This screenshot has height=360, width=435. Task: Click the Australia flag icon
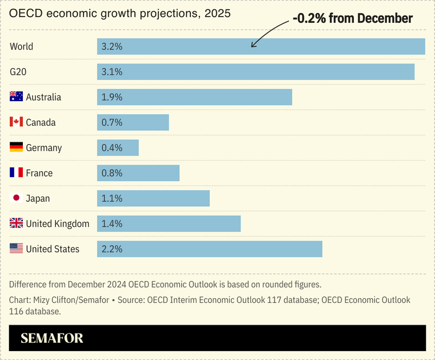(16, 97)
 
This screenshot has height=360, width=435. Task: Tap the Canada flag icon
(16, 122)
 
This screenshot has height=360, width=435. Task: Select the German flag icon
(16, 148)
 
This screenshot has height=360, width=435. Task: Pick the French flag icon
(16, 173)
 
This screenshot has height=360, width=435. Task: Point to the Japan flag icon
(16, 198)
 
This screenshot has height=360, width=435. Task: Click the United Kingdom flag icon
(16, 224)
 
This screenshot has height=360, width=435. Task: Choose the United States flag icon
(16, 249)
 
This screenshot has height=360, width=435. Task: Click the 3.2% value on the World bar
(112, 46)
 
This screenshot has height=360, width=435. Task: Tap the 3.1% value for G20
(112, 72)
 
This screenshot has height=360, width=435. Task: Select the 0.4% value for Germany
(112, 148)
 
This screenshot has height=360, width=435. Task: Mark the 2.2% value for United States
(112, 249)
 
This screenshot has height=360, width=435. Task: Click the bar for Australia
(195, 97)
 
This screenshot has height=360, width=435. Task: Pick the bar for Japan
(153, 198)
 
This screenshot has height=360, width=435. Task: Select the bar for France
(138, 173)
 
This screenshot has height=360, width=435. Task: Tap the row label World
(22, 46)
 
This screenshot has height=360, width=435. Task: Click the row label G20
(19, 72)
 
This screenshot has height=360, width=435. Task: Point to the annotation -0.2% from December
(353, 19)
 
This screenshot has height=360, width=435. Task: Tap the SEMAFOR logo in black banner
(52, 338)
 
